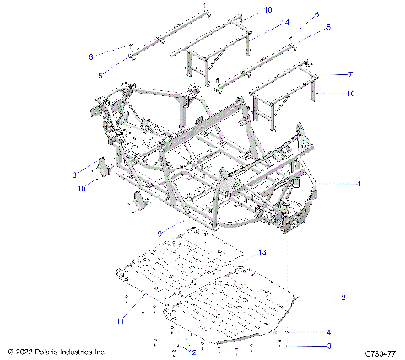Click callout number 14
tap(262, 22)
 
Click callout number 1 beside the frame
tap(360, 183)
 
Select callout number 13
tap(262, 251)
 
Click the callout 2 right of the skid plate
tap(343, 298)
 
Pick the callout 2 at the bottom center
tap(193, 351)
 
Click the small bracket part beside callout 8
tap(98, 167)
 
